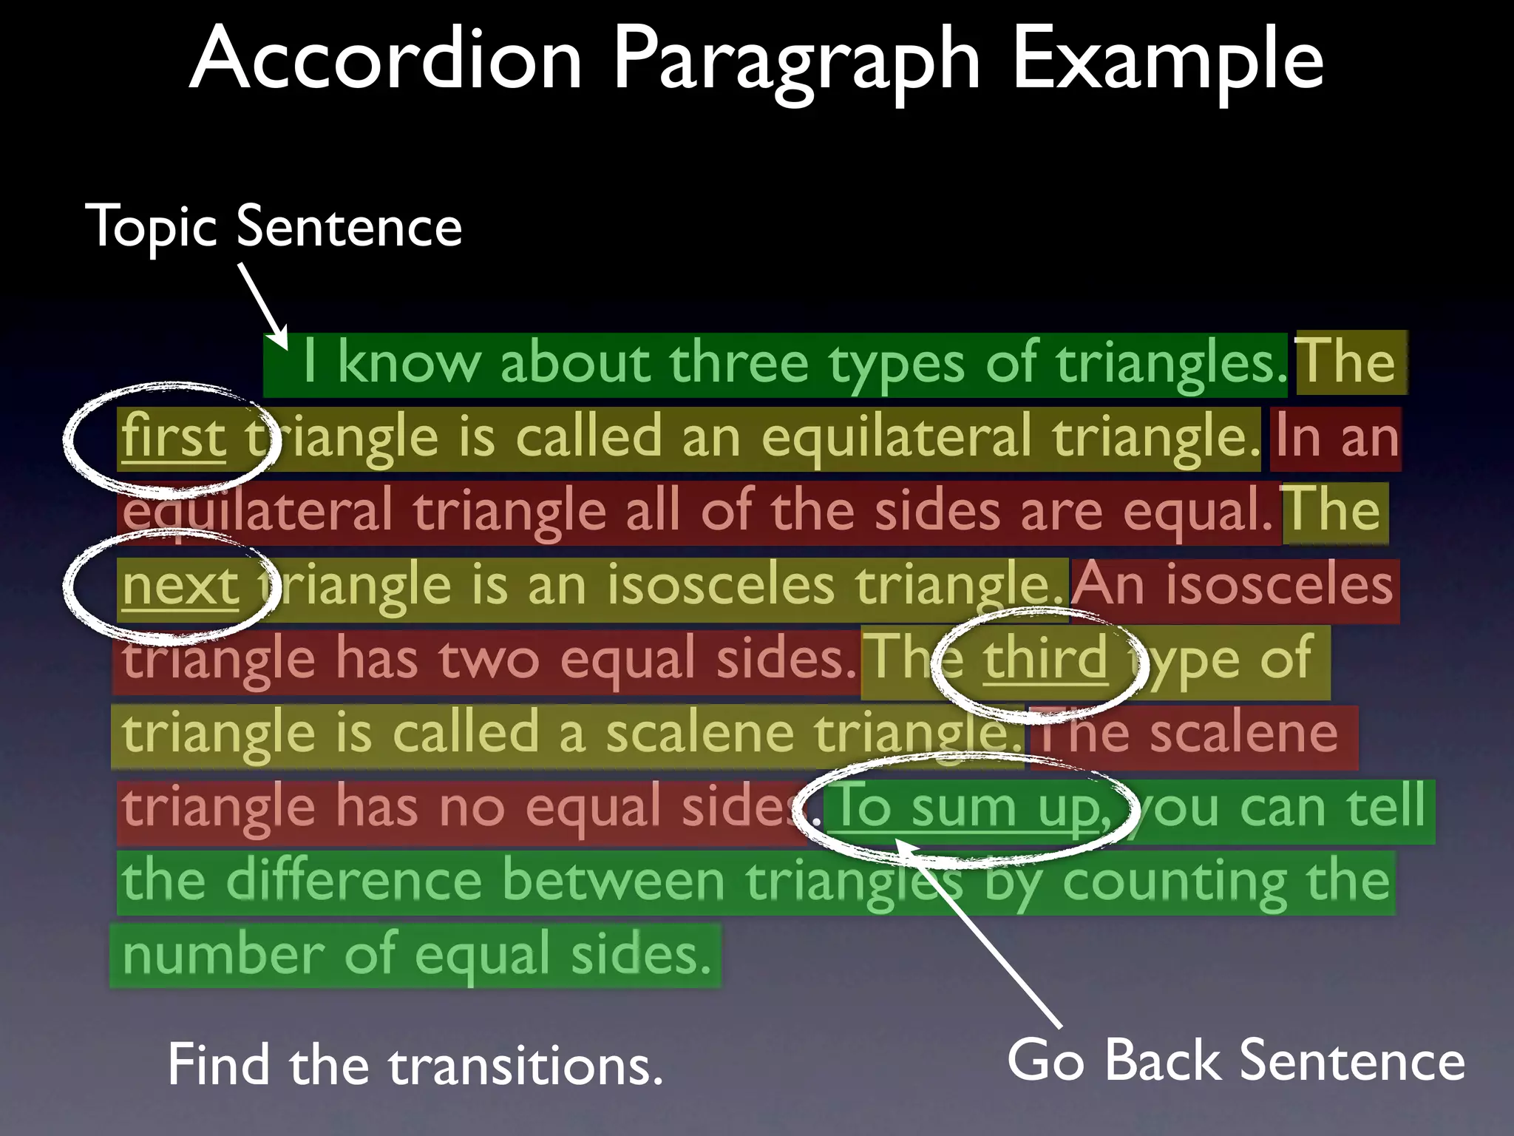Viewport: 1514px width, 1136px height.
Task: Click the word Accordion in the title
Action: click(387, 59)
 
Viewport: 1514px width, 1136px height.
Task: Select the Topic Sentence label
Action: click(274, 226)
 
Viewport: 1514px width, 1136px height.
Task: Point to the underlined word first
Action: click(174, 436)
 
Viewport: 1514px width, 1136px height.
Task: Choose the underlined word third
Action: click(1045, 657)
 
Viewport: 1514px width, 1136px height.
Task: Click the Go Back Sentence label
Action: click(1235, 1061)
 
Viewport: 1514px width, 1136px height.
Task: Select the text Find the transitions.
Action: click(415, 1065)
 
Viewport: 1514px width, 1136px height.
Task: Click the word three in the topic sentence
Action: click(739, 362)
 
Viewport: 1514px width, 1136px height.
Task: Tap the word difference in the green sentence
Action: click(354, 881)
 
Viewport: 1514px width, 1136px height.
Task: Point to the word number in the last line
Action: click(223, 955)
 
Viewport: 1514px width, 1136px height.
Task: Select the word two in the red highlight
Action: click(489, 658)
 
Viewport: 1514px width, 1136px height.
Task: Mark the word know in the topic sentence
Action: click(408, 362)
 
